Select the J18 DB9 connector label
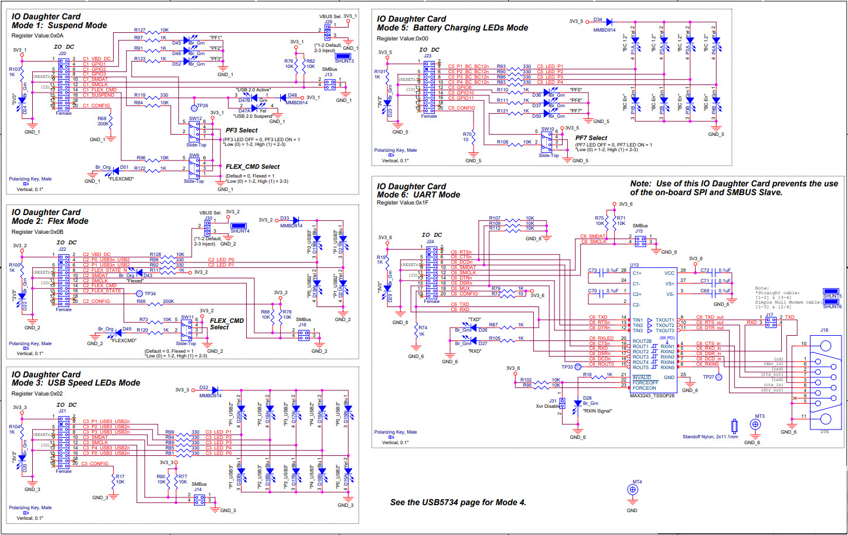tap(824, 330)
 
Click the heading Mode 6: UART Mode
tap(418, 195)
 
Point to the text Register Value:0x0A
tap(38, 36)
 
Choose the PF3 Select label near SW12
tap(241, 131)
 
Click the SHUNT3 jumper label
tap(344, 61)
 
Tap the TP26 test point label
tap(202, 106)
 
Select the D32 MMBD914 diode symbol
tap(214, 390)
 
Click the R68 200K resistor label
tap(103, 121)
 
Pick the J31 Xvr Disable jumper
tap(561, 404)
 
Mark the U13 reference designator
tap(634, 265)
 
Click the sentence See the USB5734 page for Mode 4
tap(458, 502)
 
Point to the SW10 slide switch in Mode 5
tap(547, 141)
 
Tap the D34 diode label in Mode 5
tap(597, 20)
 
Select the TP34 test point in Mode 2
tap(139, 294)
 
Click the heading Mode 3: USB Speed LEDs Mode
tap(76, 383)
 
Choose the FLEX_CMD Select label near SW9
tap(253, 167)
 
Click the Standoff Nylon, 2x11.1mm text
tap(710, 437)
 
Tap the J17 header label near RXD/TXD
tap(769, 315)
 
